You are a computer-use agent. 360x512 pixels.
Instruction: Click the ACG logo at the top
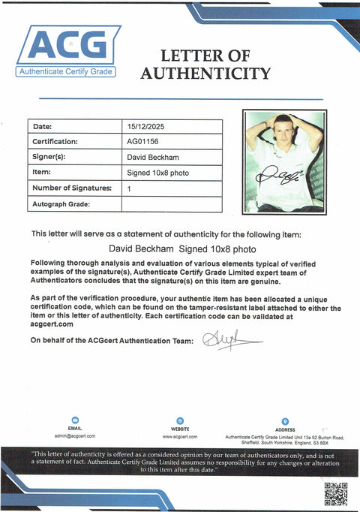pyautogui.click(x=68, y=50)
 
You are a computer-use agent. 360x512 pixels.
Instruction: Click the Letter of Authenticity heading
pyautogui.click(x=205, y=65)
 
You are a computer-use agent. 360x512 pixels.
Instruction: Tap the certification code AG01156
pyautogui.click(x=142, y=142)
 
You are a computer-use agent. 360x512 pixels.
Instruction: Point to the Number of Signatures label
pyautogui.click(x=72, y=188)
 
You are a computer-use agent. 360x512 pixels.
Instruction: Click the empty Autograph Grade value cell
pyautogui.click(x=171, y=204)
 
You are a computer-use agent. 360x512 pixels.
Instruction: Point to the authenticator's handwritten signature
pyautogui.click(x=229, y=342)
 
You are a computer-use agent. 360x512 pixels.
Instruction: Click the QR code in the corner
pyautogui.click(x=335, y=494)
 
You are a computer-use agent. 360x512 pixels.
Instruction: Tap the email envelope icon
pyautogui.click(x=75, y=421)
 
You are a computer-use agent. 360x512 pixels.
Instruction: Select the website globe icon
pyautogui.click(x=180, y=421)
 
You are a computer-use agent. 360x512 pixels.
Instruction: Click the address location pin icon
pyautogui.click(x=285, y=421)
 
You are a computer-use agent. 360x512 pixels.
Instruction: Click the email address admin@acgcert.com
pyautogui.click(x=75, y=435)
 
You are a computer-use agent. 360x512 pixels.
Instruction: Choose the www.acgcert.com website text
pyautogui.click(x=180, y=435)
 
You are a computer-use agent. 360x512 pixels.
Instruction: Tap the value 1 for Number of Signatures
pyautogui.click(x=129, y=188)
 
